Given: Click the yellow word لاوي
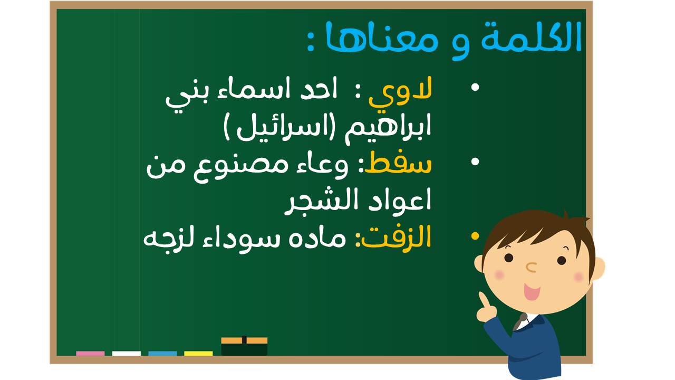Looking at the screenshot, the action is [400, 92].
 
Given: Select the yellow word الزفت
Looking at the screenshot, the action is [393, 237].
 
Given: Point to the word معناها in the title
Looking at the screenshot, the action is [381, 38].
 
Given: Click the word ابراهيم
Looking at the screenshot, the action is [388, 128].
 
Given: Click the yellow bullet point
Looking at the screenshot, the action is [475, 236].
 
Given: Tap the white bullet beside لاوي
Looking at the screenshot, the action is [475, 88].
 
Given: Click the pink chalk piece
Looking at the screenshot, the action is [90, 354].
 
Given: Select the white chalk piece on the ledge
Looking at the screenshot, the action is [126, 354].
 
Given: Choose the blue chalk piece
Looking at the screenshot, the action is [162, 354].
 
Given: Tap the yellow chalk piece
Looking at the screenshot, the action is [198, 354].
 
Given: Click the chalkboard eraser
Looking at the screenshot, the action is [244, 346].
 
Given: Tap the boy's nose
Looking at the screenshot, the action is [531, 267].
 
